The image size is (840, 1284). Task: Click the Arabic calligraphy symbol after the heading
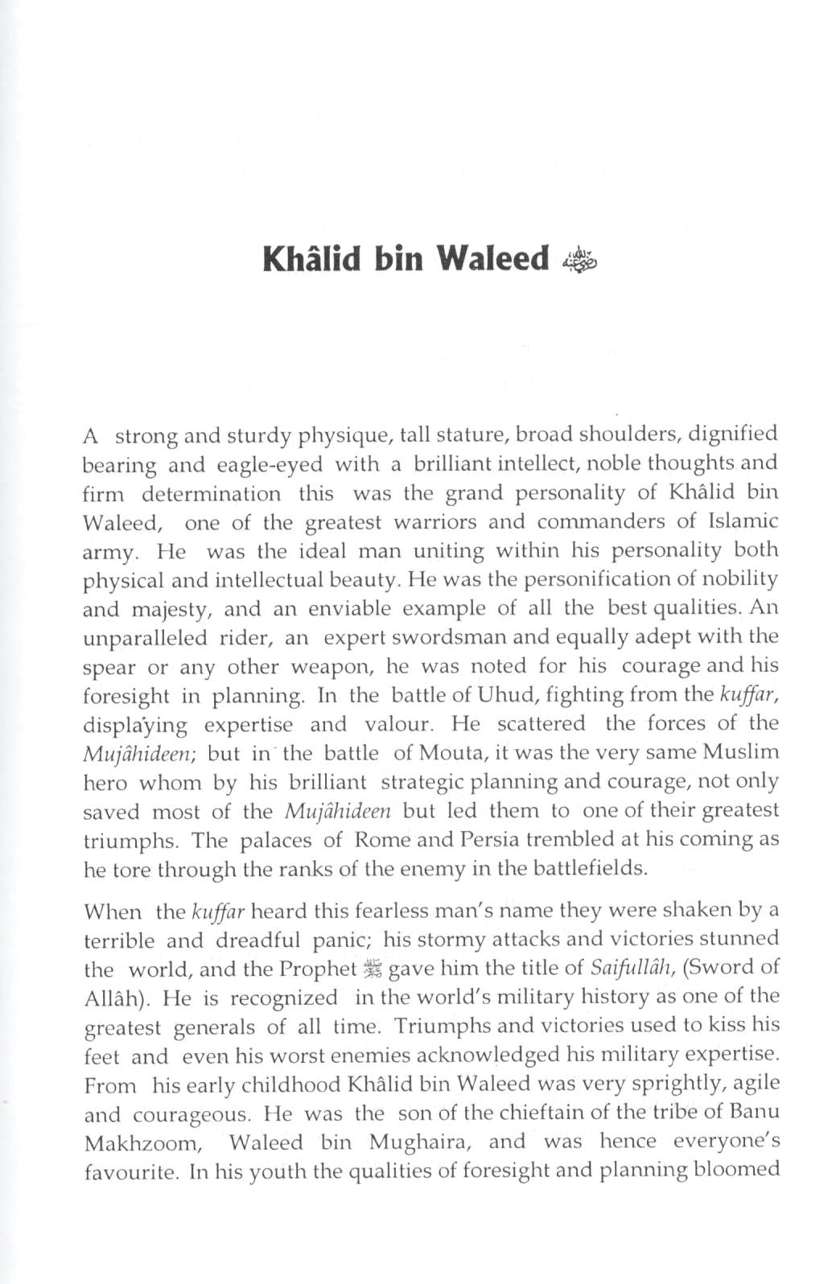581,261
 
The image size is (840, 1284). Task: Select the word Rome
383,839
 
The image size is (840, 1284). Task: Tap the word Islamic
743,521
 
